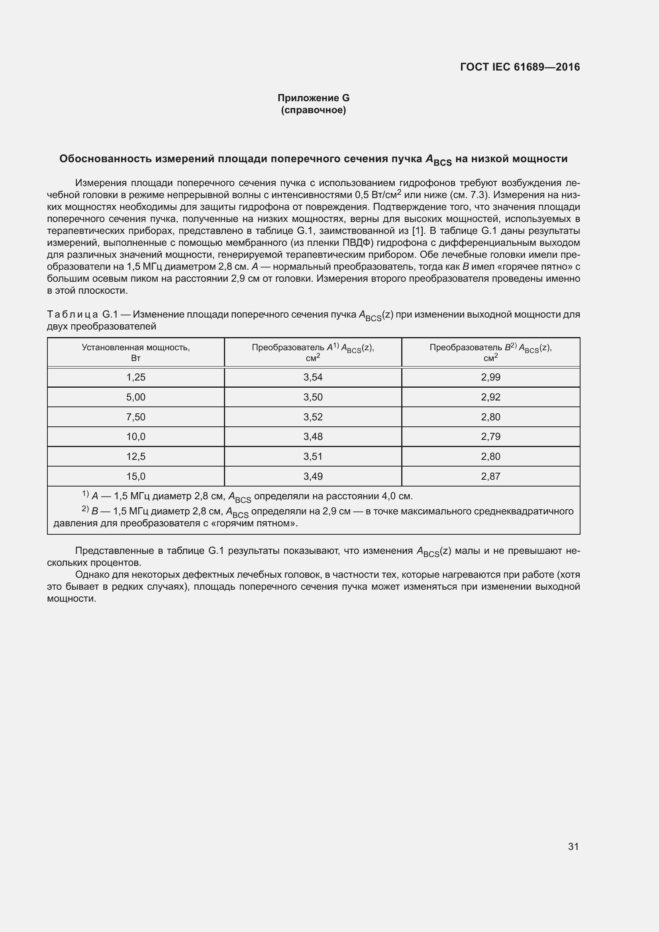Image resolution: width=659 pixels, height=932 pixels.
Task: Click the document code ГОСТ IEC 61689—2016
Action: [x=520, y=67]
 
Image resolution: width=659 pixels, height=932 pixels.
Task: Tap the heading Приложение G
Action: [x=313, y=98]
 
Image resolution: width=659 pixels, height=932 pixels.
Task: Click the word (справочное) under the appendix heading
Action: [x=313, y=110]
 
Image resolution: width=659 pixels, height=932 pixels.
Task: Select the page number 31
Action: [x=573, y=846]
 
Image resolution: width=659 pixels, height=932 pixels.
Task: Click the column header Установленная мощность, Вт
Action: [x=135, y=352]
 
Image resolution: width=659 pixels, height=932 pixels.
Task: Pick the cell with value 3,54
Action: [x=313, y=377]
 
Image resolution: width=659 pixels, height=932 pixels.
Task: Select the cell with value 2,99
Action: [x=490, y=377]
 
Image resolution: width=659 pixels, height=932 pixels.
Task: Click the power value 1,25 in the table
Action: [x=135, y=377]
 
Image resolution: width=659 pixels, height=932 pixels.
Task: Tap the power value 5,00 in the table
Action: [x=135, y=397]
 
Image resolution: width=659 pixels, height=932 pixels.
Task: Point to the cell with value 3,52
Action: [x=313, y=417]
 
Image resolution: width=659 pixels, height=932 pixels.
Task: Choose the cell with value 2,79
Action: [x=490, y=436]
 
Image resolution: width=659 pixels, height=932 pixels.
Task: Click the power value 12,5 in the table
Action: [x=135, y=456]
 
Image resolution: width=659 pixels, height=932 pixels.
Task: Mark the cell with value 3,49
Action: [x=313, y=476]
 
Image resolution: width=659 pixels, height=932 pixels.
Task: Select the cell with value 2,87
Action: [x=490, y=476]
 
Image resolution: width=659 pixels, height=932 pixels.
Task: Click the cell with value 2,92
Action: [x=490, y=397]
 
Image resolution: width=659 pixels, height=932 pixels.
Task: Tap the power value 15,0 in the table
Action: [x=135, y=476]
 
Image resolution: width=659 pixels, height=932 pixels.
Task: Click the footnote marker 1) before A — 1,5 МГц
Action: [x=85, y=494]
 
